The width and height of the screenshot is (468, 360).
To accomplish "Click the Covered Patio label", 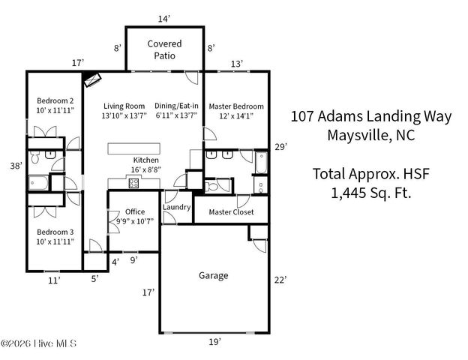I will tap(163, 49).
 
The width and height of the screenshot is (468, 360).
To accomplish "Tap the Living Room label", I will tap(124, 106).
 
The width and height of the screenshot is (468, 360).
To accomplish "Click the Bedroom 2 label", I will tap(55, 100).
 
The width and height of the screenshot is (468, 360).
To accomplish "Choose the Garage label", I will tap(213, 275).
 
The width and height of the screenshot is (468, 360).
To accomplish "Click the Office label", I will tap(135, 211).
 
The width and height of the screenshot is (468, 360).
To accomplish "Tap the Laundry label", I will tap(176, 207).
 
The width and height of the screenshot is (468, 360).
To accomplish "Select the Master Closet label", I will tap(231, 212).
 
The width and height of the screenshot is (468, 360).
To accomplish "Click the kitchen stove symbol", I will tap(133, 184).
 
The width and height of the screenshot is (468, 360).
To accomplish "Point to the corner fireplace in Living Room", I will tap(93, 79).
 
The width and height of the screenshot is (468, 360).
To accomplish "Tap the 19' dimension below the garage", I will tap(214, 342).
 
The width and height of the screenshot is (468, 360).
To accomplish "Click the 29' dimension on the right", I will tap(280, 146).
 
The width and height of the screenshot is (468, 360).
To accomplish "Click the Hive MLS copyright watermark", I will tap(38, 344).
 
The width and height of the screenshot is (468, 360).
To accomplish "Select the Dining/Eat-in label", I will tap(176, 106).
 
